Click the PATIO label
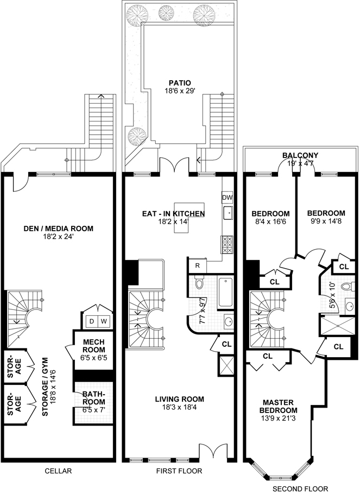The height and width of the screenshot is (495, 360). pyautogui.click(x=179, y=83)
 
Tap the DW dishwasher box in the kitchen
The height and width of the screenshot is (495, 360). pyautogui.click(x=228, y=197)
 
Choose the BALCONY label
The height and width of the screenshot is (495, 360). pyautogui.click(x=300, y=155)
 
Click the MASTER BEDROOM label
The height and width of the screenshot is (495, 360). pyautogui.click(x=280, y=406)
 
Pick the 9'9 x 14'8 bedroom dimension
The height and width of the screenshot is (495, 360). pyautogui.click(x=325, y=221)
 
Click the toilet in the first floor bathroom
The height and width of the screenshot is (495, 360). pyautogui.click(x=198, y=284)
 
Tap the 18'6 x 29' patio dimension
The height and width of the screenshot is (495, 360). pyautogui.click(x=179, y=92)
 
